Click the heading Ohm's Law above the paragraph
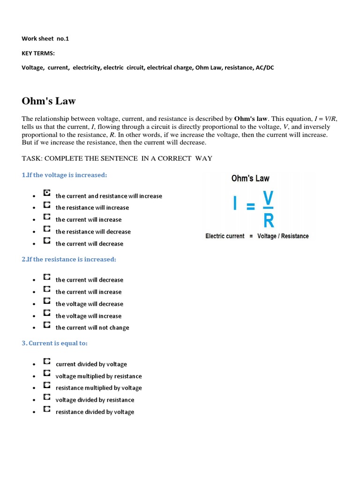click(x=49, y=101)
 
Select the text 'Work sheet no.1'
click(x=45, y=38)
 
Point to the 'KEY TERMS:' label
click(x=38, y=53)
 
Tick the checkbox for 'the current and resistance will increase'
click(x=47, y=193)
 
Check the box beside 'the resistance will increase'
click(x=47, y=205)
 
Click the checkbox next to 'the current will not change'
click(x=47, y=325)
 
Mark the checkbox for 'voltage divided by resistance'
click(x=47, y=397)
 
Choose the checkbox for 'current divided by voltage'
click(x=47, y=361)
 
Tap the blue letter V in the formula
click(x=268, y=198)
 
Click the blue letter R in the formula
click(x=269, y=220)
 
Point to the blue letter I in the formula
click(x=235, y=204)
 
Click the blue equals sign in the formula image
click(x=251, y=206)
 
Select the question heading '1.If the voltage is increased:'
click(x=64, y=175)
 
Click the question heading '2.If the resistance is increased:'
click(x=69, y=259)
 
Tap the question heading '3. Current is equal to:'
click(x=55, y=343)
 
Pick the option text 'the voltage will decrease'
click(x=90, y=304)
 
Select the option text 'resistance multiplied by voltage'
click(x=98, y=388)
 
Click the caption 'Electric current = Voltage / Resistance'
click(x=257, y=236)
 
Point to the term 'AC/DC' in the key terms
click(x=265, y=67)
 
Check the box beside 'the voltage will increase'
click(x=47, y=313)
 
